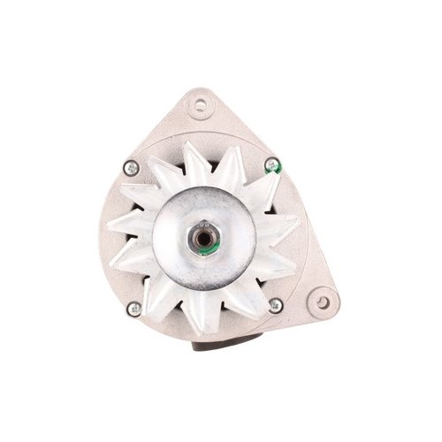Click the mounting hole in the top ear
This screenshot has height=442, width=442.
click(x=203, y=105)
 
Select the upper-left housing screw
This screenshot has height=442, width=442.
click(x=130, y=165)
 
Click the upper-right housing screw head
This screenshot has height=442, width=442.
click(x=272, y=163)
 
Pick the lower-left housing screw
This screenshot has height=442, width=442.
click(x=134, y=309)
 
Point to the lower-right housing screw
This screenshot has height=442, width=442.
click(x=275, y=306)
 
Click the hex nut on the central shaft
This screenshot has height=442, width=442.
click(x=206, y=234)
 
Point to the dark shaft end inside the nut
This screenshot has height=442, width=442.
click(x=206, y=234)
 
